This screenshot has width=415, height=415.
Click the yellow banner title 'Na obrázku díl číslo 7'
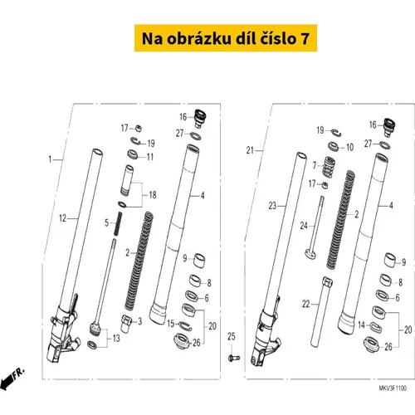(226, 38)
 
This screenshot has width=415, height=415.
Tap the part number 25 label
(232, 337)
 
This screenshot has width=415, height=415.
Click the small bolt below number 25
(234, 358)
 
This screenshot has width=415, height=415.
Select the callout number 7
(315, 165)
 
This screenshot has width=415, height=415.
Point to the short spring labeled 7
(329, 167)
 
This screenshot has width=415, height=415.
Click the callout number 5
(107, 222)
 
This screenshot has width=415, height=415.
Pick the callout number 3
(140, 321)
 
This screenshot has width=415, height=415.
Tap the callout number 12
(63, 218)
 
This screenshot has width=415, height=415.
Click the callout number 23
(272, 206)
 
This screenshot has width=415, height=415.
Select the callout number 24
(304, 226)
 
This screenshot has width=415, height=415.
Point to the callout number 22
(305, 304)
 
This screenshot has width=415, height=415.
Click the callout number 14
(361, 325)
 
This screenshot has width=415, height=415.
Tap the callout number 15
(171, 324)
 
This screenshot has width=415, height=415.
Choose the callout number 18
(153, 195)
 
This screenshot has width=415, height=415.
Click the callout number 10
(350, 147)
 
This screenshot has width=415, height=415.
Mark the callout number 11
(150, 157)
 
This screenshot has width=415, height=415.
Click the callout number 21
(250, 150)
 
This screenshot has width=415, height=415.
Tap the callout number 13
(116, 338)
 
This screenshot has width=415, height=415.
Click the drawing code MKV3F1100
(393, 388)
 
